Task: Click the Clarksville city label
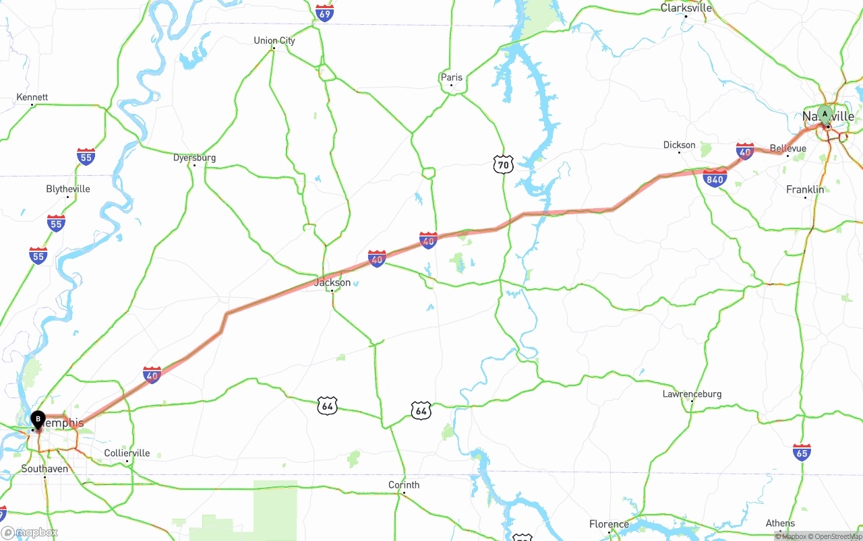click(686, 8)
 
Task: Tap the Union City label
click(274, 40)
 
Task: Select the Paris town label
click(452, 77)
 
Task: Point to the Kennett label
click(32, 97)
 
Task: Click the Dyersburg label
click(194, 158)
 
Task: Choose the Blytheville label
click(68, 189)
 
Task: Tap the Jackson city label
click(332, 282)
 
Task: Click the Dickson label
click(679, 145)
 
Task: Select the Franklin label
click(805, 189)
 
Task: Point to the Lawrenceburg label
click(692, 393)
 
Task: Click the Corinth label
click(404, 485)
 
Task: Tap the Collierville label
click(127, 453)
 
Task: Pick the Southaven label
click(44, 468)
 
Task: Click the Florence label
click(609, 524)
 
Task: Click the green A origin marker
click(825, 114)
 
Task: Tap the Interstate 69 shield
click(325, 13)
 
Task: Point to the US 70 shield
click(504, 164)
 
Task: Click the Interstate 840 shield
click(715, 179)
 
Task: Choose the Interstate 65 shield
click(802, 451)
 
